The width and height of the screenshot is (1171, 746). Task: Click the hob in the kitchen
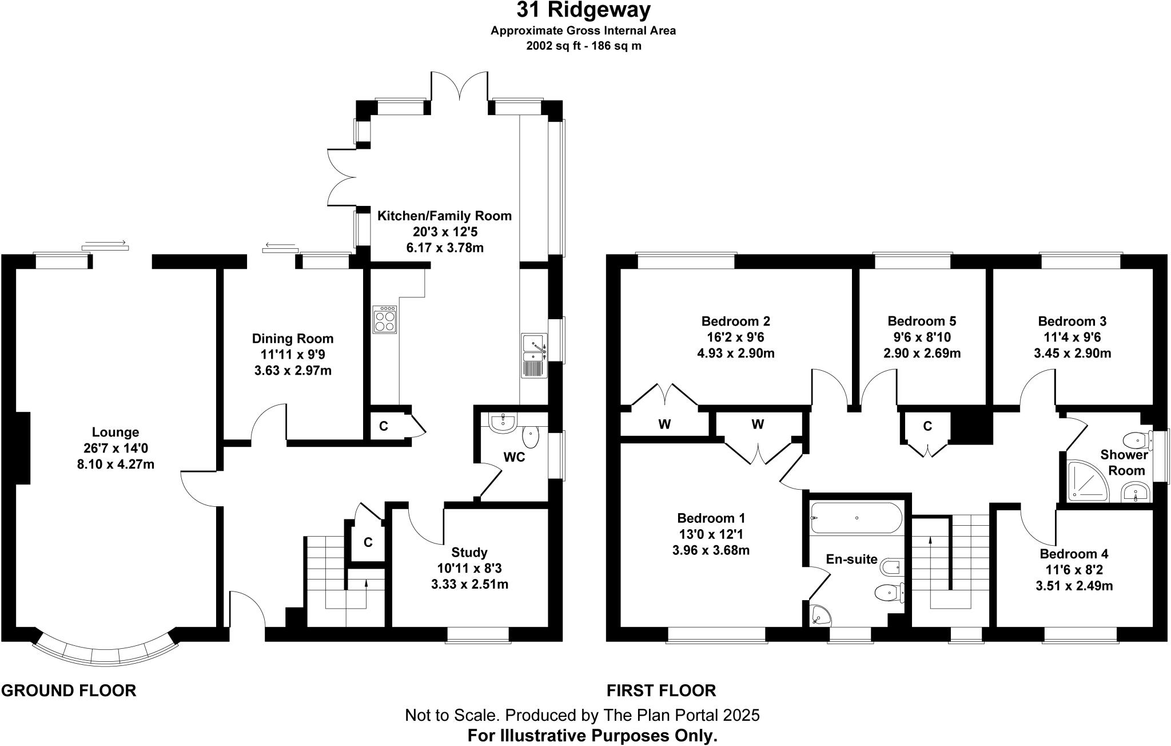tap(385, 320)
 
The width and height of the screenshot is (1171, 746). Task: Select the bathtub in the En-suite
tap(856, 518)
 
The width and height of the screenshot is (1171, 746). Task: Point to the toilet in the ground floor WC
tap(531, 438)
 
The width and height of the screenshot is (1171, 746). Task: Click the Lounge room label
tap(115, 432)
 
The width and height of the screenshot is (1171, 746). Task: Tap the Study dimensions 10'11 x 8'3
tap(469, 569)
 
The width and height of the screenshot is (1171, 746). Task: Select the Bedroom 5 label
tap(922, 321)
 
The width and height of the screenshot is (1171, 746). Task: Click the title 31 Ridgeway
tap(583, 10)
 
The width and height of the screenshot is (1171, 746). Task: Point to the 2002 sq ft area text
tap(583, 46)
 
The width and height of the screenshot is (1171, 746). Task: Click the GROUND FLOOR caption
tap(69, 691)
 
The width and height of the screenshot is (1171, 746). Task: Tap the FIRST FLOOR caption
tap(661, 691)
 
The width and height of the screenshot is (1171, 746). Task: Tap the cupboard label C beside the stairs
tap(368, 542)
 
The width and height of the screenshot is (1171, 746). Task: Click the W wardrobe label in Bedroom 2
tap(664, 424)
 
